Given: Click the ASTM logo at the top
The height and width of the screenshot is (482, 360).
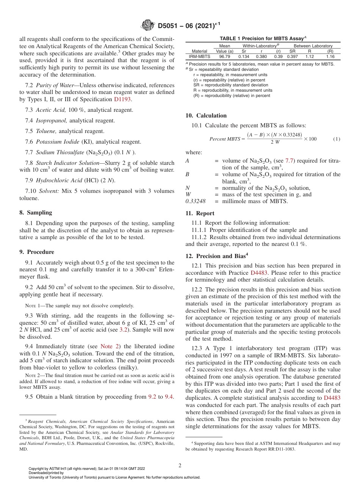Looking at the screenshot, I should [x=147, y=25].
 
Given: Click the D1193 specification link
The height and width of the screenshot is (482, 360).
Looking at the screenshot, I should [x=123, y=99].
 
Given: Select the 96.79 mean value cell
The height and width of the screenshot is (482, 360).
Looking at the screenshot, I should [x=224, y=56].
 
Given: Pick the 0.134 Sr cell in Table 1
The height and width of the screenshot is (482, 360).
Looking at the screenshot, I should [x=244, y=56].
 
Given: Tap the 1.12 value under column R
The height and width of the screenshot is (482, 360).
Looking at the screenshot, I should [x=310, y=56].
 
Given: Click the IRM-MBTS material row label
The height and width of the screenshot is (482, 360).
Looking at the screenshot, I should [x=199, y=56].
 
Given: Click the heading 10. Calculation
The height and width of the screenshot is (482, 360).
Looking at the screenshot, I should [x=206, y=116].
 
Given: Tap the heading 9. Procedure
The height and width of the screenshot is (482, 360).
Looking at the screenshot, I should [x=37, y=252].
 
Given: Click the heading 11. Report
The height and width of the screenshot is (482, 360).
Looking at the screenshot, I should [x=200, y=213].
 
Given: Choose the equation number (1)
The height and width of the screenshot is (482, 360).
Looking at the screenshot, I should [x=337, y=139].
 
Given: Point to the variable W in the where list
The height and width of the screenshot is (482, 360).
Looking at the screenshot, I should [x=188, y=194].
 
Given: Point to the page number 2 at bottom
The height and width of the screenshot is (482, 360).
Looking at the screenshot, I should [x=180, y=465].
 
